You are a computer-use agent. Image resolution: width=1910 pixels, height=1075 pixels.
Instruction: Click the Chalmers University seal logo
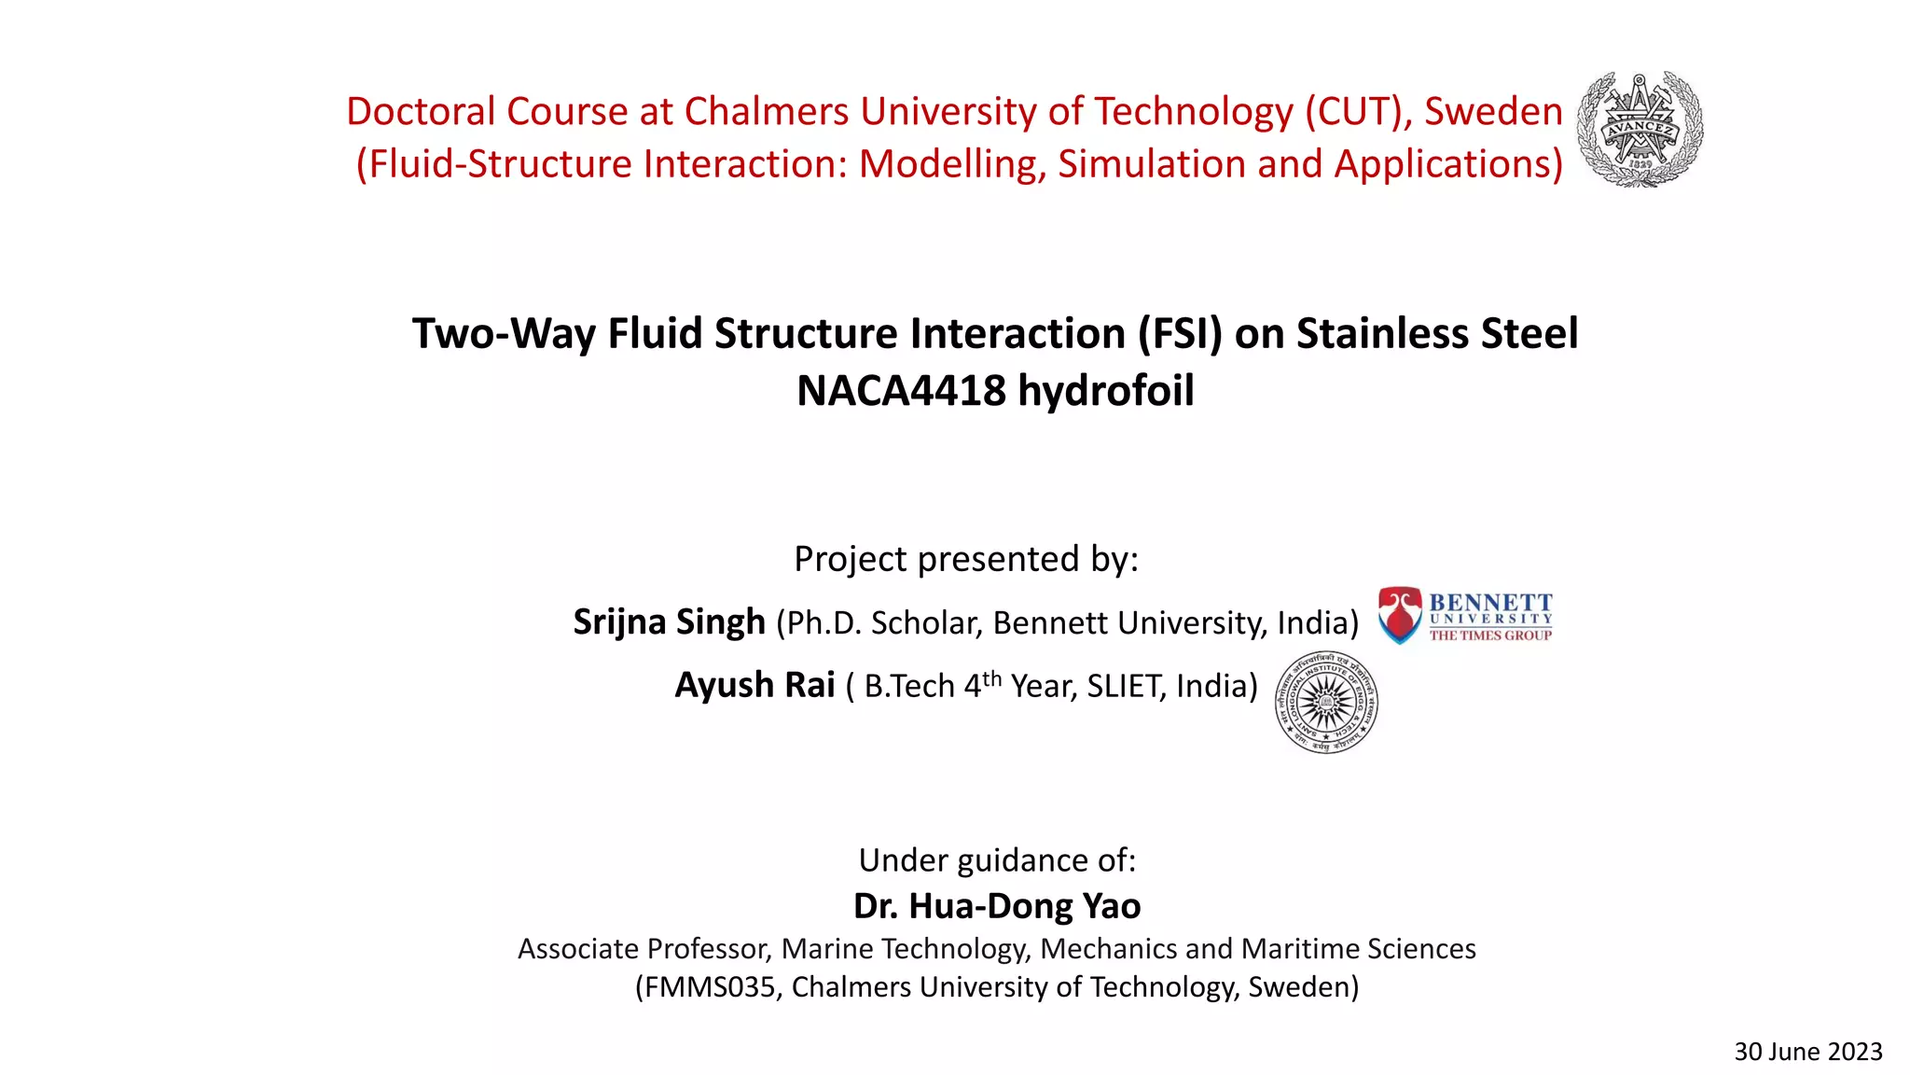[x=1640, y=130]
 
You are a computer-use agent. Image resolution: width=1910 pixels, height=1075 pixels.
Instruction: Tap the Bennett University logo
[x=1465, y=616]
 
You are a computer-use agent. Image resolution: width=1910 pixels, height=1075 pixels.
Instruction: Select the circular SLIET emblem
[x=1326, y=703]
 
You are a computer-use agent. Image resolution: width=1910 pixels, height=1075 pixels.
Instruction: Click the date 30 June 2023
[x=1807, y=1052]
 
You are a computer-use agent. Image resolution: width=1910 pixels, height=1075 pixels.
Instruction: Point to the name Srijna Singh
[x=669, y=621]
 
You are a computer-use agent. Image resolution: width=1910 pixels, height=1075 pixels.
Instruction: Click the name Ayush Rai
[x=754, y=685]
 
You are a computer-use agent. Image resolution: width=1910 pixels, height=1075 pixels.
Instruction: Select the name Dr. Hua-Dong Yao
[x=996, y=906]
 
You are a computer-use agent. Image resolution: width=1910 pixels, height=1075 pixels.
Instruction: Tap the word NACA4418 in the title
[x=900, y=390]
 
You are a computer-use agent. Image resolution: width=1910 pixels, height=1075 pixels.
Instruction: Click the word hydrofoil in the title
[x=1106, y=390]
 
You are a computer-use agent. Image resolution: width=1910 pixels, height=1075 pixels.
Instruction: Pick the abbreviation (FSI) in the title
[x=1180, y=334]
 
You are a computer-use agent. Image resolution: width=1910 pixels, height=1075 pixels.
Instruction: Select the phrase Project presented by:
[x=966, y=559]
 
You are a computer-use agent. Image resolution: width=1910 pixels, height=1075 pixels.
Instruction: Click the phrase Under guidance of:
[x=996, y=859]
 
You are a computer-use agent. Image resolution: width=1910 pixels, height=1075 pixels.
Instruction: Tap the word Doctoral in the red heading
[x=421, y=112]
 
